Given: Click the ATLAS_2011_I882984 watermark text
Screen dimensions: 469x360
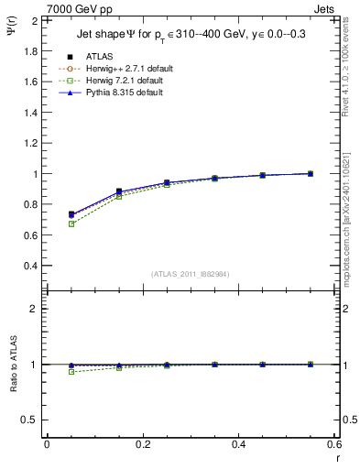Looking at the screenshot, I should (190, 274).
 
